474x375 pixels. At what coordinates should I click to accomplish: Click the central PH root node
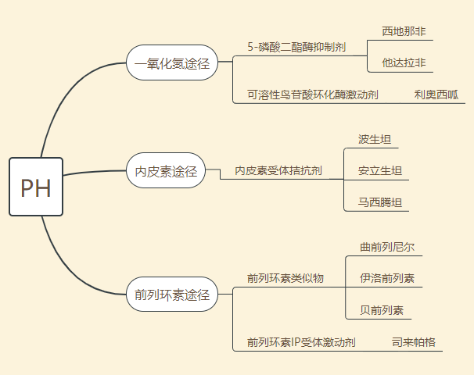36,187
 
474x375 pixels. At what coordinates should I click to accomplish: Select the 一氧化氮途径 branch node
171,62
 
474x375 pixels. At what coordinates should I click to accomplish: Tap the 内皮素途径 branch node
166,170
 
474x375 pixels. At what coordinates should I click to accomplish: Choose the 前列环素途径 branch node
171,295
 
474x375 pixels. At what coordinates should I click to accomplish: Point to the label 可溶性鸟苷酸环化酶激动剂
312,95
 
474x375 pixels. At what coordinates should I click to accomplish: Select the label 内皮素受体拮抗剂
278,170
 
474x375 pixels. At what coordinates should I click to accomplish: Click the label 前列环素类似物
285,278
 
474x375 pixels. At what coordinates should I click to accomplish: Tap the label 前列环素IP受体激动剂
301,342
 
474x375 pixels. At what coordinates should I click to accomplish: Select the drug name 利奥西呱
436,95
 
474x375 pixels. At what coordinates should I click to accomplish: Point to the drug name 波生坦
375,140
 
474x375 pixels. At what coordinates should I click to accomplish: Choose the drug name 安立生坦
380,170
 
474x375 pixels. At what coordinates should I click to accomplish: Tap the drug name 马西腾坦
380,202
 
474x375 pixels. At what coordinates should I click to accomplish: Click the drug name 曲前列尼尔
387,247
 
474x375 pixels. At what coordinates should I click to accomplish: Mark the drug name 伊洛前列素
387,278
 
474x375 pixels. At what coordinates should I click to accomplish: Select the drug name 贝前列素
382,310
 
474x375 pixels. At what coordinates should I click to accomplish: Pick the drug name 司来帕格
414,342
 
